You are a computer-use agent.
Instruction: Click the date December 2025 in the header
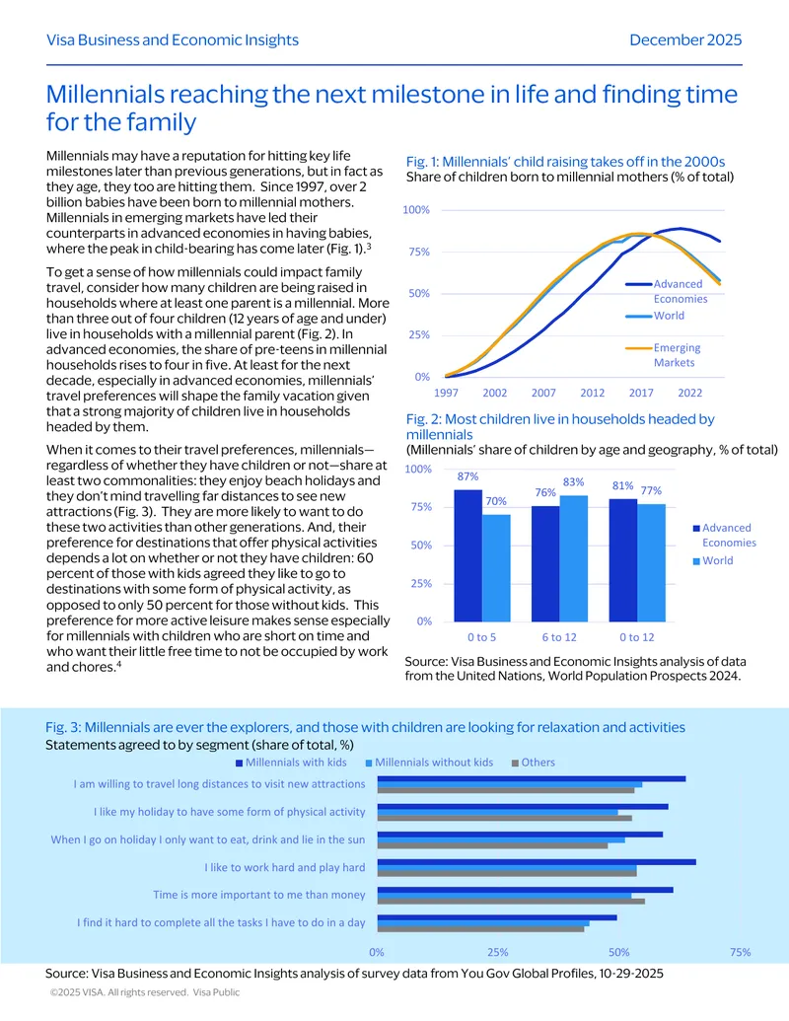685,39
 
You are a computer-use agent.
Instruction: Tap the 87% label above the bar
467,476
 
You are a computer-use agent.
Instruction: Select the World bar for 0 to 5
496,568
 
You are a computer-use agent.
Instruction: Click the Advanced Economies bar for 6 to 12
544,563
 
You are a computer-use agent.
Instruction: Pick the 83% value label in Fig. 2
574,482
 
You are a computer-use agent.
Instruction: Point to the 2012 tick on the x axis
593,393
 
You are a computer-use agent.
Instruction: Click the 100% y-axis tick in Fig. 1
416,210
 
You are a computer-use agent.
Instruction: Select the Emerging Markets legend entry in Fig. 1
664,355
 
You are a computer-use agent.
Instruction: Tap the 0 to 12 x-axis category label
637,637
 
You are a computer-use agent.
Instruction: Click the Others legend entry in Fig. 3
534,763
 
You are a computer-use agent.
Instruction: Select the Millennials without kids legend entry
430,763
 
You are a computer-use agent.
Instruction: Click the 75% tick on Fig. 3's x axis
740,952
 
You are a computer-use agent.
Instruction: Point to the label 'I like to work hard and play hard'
284,867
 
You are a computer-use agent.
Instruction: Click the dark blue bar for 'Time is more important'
526,890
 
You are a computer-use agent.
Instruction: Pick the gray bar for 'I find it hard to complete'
481,929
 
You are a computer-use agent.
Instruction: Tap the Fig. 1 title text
566,162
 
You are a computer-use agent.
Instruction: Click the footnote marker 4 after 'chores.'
118,664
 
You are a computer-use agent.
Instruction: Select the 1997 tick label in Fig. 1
446,393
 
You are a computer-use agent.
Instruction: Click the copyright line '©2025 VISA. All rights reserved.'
119,992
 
